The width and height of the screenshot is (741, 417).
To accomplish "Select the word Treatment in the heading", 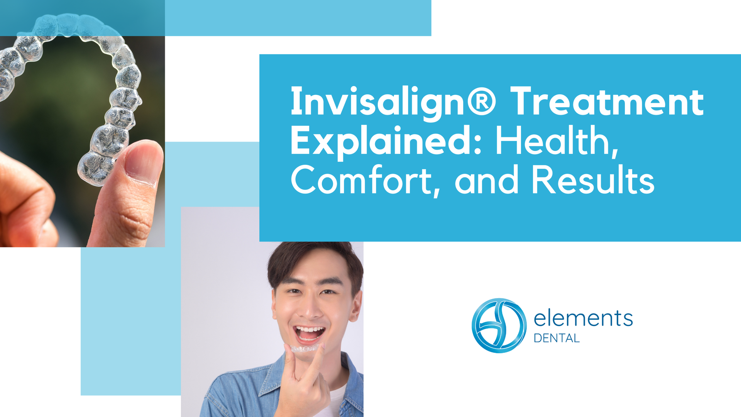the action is (x=607, y=101).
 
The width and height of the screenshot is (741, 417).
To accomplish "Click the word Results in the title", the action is (x=593, y=180).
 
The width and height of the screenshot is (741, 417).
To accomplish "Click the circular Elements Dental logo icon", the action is (x=499, y=325).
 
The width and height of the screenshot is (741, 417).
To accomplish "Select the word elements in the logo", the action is (x=583, y=319).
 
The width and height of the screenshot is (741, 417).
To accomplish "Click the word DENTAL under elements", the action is (x=557, y=338).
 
